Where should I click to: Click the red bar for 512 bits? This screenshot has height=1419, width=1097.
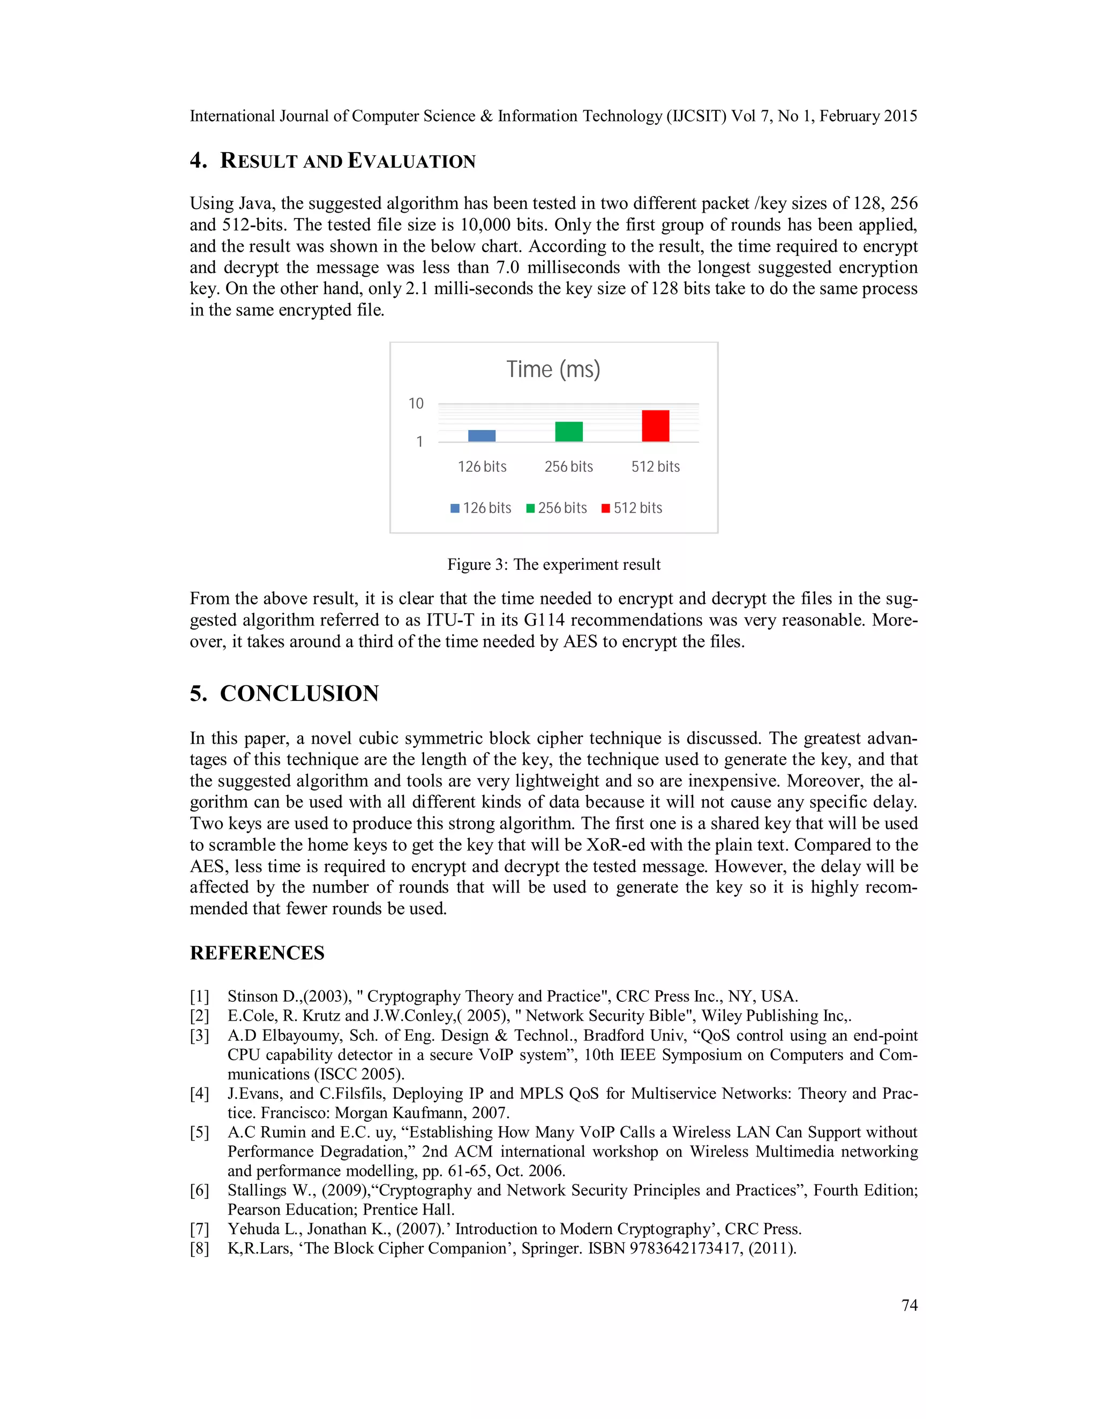[x=655, y=426]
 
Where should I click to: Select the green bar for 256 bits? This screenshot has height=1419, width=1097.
[x=569, y=432]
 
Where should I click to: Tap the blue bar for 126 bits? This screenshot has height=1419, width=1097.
[x=482, y=436]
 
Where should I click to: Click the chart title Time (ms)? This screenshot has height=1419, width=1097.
[x=553, y=369]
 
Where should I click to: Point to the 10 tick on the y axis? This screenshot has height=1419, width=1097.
[x=416, y=404]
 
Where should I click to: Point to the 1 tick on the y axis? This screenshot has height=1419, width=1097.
[x=420, y=442]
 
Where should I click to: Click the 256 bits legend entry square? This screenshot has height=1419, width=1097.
[x=530, y=508]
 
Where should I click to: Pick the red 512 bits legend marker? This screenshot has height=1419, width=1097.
[x=606, y=508]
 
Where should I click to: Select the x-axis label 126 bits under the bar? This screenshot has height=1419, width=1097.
[x=482, y=466]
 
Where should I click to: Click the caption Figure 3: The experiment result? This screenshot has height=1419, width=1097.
[x=554, y=564]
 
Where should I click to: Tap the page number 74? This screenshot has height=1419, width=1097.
[x=909, y=1305]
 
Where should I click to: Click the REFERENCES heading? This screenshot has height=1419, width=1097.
[x=257, y=953]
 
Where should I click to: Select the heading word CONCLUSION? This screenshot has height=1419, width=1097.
[x=299, y=693]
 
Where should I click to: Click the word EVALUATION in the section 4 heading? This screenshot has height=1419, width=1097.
[x=412, y=161]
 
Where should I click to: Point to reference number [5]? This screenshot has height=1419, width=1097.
[x=199, y=1133]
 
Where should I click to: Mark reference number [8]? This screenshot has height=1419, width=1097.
[x=199, y=1249]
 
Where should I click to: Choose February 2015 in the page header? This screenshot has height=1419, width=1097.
[x=868, y=116]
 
